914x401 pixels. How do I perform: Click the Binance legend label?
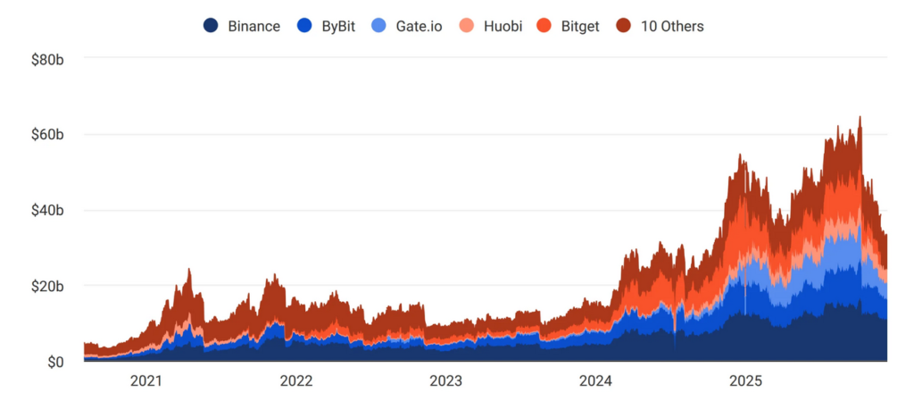tap(254, 26)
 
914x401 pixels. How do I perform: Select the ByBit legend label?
tap(338, 26)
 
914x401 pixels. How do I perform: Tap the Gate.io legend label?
tap(419, 26)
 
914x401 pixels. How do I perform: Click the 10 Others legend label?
tap(672, 26)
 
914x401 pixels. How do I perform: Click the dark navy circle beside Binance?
tap(212, 26)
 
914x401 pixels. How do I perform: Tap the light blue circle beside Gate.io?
tap(378, 26)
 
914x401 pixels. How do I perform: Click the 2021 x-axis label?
tap(146, 381)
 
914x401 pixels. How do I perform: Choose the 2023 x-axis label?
tap(445, 381)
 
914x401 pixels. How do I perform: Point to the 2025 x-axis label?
tap(744, 381)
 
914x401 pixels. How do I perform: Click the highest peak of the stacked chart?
tap(860, 117)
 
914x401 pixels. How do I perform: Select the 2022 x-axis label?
tap(296, 381)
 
